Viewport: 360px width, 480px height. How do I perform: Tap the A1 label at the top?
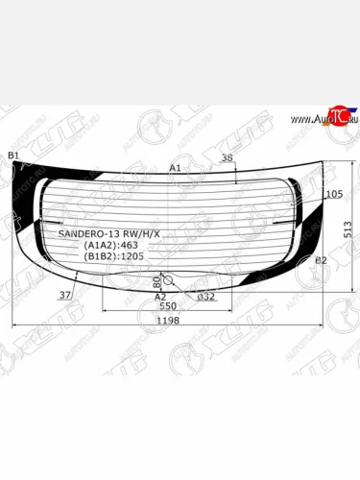pos(176,168)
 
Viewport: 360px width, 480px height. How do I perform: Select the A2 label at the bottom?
pos(161,297)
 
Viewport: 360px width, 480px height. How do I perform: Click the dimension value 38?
pos(227,157)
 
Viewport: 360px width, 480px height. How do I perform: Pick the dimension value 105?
pos(334,195)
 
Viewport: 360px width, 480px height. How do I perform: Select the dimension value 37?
pos(65,295)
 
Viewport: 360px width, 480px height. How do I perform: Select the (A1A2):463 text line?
pos(106,245)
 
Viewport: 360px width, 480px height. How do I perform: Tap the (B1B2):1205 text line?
pos(108,256)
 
